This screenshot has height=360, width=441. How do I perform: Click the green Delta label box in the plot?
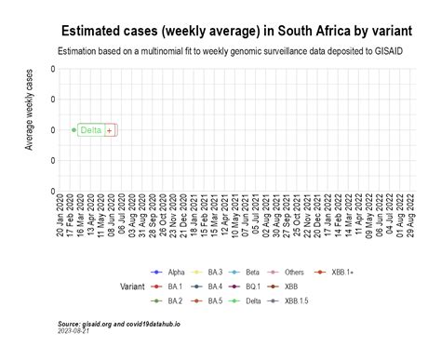pos(91,130)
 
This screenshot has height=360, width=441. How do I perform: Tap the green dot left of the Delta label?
pos(73,130)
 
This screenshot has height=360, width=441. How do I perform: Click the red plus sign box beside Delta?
pos(110,130)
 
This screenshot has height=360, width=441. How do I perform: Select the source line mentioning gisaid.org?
pos(118,324)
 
